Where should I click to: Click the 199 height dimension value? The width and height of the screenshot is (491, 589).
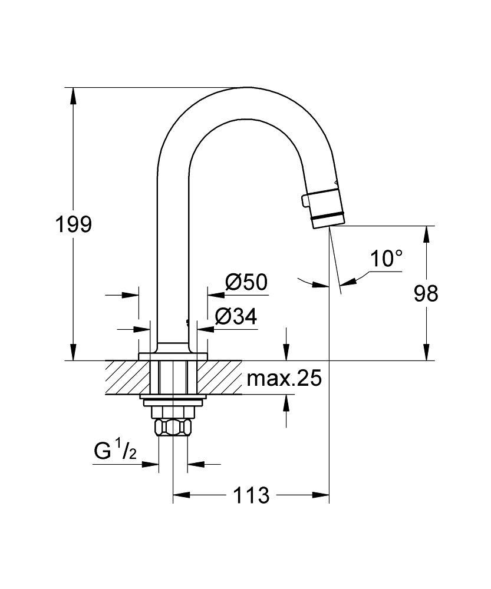pyautogui.click(x=74, y=224)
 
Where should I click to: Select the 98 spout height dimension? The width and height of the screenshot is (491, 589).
pyautogui.click(x=426, y=293)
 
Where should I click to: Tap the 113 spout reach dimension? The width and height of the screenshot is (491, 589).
pyautogui.click(x=251, y=495)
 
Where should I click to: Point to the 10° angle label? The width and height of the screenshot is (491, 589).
pyautogui.click(x=387, y=258)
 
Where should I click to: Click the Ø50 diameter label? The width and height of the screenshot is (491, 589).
pyautogui.click(x=246, y=283)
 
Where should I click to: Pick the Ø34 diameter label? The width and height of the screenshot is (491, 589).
pyautogui.click(x=236, y=317)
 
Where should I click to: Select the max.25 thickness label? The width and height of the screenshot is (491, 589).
pyautogui.click(x=284, y=379)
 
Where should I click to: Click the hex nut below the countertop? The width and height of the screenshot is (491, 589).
pyautogui.click(x=173, y=426)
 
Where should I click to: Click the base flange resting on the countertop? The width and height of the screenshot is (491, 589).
pyautogui.click(x=173, y=356)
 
